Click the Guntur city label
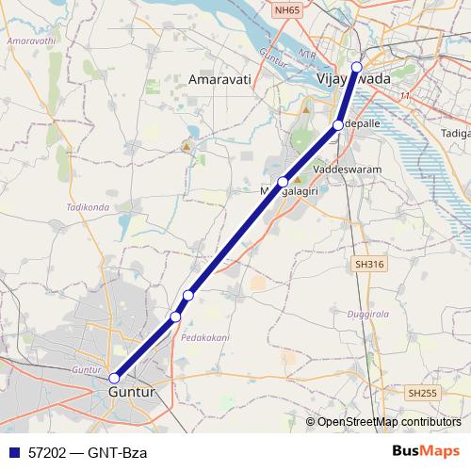pyautogui.click(x=131, y=391)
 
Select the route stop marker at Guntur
pyautogui.click(x=114, y=378)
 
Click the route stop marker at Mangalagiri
pyautogui.click(x=283, y=182)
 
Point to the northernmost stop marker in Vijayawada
pyautogui.click(x=356, y=66)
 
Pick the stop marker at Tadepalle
pyautogui.click(x=338, y=124)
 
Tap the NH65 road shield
pyautogui.click(x=287, y=8)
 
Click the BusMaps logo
pyautogui.click(x=426, y=451)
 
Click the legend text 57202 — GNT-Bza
pyautogui.click(x=88, y=452)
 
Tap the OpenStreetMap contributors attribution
pyautogui.click(x=388, y=422)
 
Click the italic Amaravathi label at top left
pyautogui.click(x=28, y=42)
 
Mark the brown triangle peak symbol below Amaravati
pyautogui.click(x=187, y=146)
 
